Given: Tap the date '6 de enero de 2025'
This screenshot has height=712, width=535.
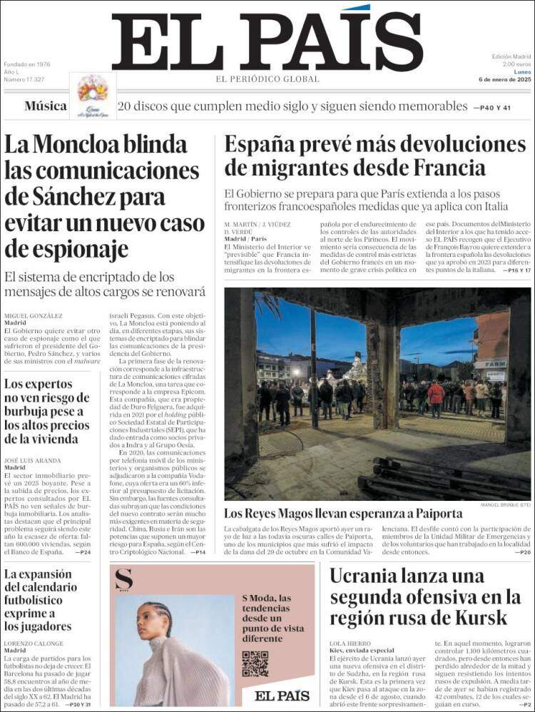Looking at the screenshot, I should (505, 79).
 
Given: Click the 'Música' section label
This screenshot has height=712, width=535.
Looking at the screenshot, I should (46, 106).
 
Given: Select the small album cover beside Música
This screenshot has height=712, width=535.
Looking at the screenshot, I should (93, 94).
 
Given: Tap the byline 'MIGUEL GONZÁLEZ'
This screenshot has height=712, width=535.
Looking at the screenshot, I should (34, 315).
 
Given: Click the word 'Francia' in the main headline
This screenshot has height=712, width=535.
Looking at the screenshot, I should (439, 168).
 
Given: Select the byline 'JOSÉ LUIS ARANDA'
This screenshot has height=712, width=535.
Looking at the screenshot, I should (33, 460).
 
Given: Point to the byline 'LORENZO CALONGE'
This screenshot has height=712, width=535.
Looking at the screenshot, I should (34, 644).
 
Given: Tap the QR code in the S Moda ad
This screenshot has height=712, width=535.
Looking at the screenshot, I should (255, 663).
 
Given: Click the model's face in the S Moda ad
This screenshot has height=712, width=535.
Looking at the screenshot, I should (158, 621).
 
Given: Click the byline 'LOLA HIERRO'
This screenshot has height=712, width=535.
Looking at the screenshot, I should (348, 643).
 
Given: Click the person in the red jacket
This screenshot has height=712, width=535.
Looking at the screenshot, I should (436, 395).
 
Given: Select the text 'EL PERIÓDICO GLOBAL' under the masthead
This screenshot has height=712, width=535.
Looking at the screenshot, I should (267, 78).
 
